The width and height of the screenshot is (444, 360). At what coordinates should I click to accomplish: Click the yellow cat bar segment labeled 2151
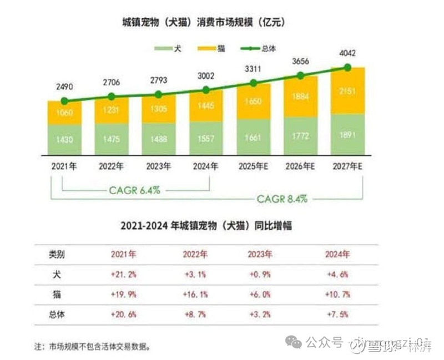347,91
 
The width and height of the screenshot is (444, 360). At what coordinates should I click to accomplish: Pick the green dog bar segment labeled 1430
64,139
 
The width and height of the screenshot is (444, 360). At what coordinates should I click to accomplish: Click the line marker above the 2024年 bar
206,90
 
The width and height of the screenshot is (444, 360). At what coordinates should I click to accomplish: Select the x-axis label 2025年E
253,165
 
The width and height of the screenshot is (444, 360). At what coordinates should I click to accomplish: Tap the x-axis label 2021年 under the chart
64,165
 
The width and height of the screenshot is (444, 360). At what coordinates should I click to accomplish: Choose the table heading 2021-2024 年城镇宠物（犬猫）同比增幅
206,226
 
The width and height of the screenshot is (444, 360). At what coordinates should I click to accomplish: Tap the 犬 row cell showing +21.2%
124,274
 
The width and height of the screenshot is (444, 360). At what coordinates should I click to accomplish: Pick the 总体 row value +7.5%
337,314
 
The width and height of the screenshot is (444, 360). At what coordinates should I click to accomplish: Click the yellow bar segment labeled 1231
112,111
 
